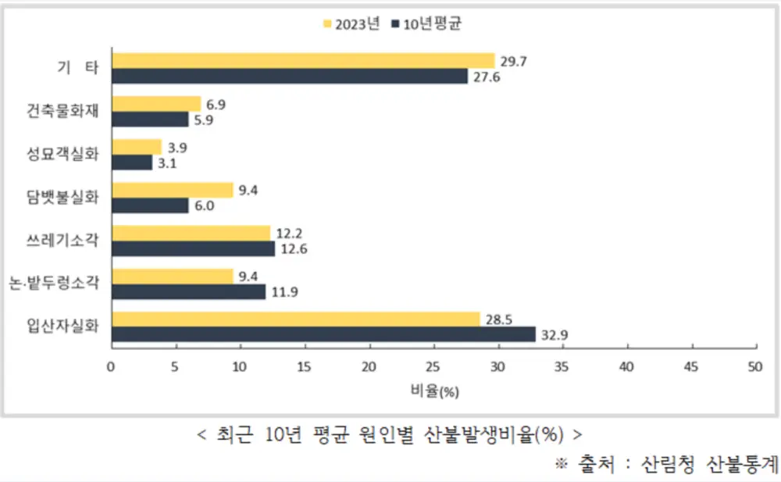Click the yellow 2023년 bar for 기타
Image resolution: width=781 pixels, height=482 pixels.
[303, 61]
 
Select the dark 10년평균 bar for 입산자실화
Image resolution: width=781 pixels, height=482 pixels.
[323, 334]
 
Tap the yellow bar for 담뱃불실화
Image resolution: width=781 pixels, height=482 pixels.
[172, 190]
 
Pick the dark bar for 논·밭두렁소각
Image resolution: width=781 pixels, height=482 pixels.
[187, 291]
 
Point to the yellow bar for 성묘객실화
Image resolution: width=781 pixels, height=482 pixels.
[137, 147]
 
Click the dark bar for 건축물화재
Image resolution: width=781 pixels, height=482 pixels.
[149, 120]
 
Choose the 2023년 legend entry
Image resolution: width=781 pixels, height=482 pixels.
[351, 24]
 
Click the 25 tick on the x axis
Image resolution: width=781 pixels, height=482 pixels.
[433, 366]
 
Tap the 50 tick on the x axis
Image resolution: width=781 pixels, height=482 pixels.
[754, 366]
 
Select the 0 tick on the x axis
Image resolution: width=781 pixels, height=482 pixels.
[111, 366]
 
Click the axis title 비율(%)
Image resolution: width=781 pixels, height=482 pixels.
[433, 391]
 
